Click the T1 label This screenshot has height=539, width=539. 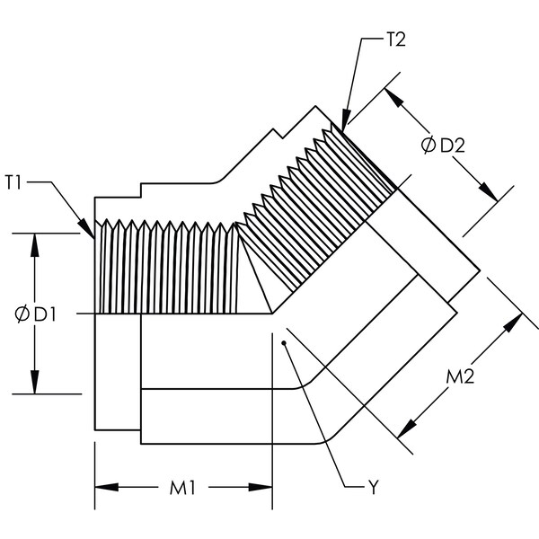pyautogui.click(x=13, y=182)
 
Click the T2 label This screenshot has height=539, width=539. pyautogui.click(x=396, y=40)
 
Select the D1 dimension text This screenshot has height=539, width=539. pyautogui.click(x=45, y=314)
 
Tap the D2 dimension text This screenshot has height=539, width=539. pyautogui.click(x=453, y=146)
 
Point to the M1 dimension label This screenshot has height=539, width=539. pyautogui.click(x=182, y=488)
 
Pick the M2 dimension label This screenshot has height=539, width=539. pyautogui.click(x=460, y=376)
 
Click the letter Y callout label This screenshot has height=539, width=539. pyautogui.click(x=373, y=487)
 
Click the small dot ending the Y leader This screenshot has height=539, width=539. pyautogui.click(x=284, y=343)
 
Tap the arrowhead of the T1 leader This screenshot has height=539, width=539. pyautogui.click(x=86, y=228)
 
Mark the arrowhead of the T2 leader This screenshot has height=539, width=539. pyautogui.click(x=345, y=120)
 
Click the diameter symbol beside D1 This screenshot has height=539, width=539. pyautogui.click(x=22, y=314)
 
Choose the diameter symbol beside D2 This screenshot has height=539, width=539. pyautogui.click(x=429, y=145)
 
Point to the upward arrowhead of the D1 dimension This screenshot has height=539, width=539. pyautogui.click(x=34, y=245)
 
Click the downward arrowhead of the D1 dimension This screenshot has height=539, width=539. pyautogui.click(x=34, y=382)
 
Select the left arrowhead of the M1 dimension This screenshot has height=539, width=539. pyautogui.click(x=107, y=487)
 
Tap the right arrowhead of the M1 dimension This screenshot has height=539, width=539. pyautogui.click(x=261, y=487)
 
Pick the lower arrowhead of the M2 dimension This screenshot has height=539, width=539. pyautogui.click(x=407, y=429)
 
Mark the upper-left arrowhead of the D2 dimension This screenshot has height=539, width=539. pyautogui.click(x=394, y=98)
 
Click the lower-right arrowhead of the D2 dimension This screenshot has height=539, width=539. pyautogui.click(x=488, y=192)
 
